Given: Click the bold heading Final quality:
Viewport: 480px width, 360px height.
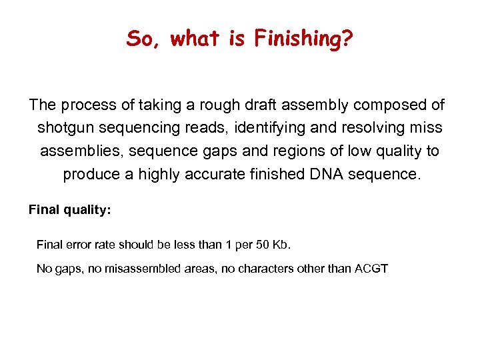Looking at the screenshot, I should (x=69, y=210).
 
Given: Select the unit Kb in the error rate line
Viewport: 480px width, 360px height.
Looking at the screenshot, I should (x=282, y=245).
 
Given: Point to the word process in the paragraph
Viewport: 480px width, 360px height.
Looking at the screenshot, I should (x=83, y=105).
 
